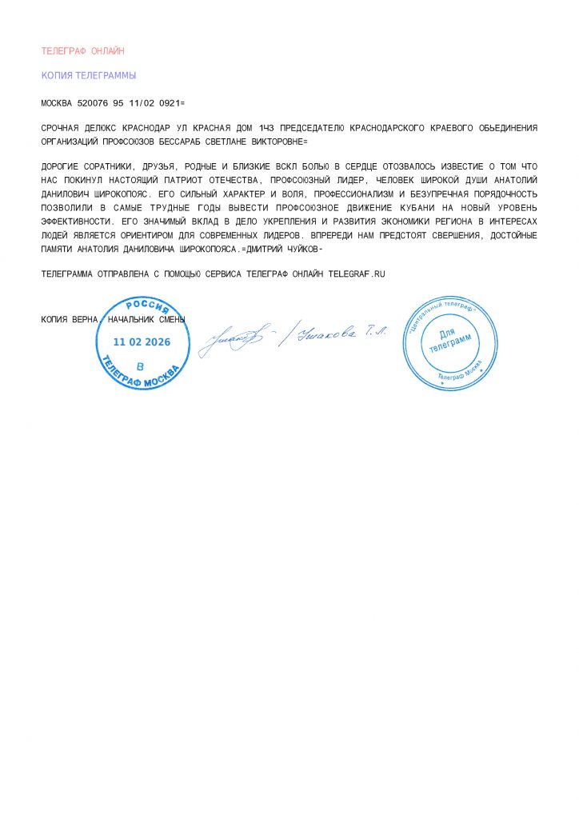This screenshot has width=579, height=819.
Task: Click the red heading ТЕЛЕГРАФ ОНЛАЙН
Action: (x=82, y=51)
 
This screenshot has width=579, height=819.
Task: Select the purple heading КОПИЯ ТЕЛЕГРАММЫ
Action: (x=88, y=76)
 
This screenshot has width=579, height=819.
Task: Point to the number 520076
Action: (x=91, y=104)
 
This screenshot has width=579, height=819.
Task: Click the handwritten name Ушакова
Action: (x=325, y=336)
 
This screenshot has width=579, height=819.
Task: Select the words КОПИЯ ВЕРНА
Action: (x=70, y=320)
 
